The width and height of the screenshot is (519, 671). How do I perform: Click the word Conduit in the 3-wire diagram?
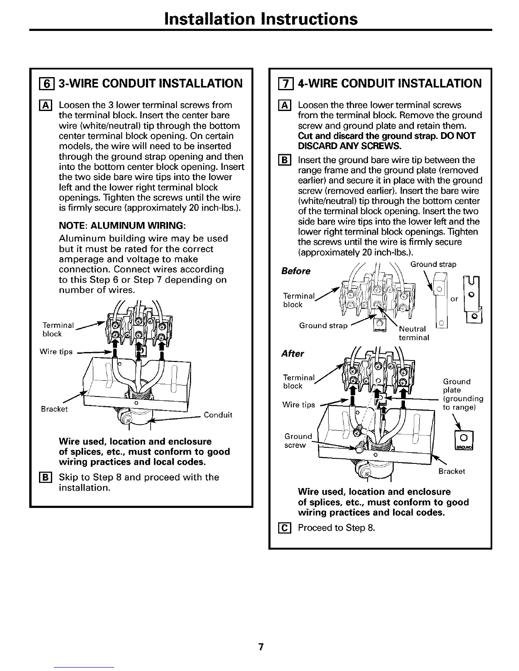[x=218, y=415]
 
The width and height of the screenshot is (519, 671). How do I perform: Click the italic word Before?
[x=296, y=271]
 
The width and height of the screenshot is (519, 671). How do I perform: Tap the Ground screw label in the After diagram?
[x=298, y=441]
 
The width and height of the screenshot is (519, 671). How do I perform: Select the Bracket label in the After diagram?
[x=452, y=471]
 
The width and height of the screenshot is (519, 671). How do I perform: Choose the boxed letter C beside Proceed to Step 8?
[x=286, y=528]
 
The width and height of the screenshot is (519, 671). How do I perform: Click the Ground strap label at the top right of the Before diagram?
[x=433, y=264]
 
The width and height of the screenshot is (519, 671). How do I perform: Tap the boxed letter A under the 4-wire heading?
[x=286, y=105]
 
